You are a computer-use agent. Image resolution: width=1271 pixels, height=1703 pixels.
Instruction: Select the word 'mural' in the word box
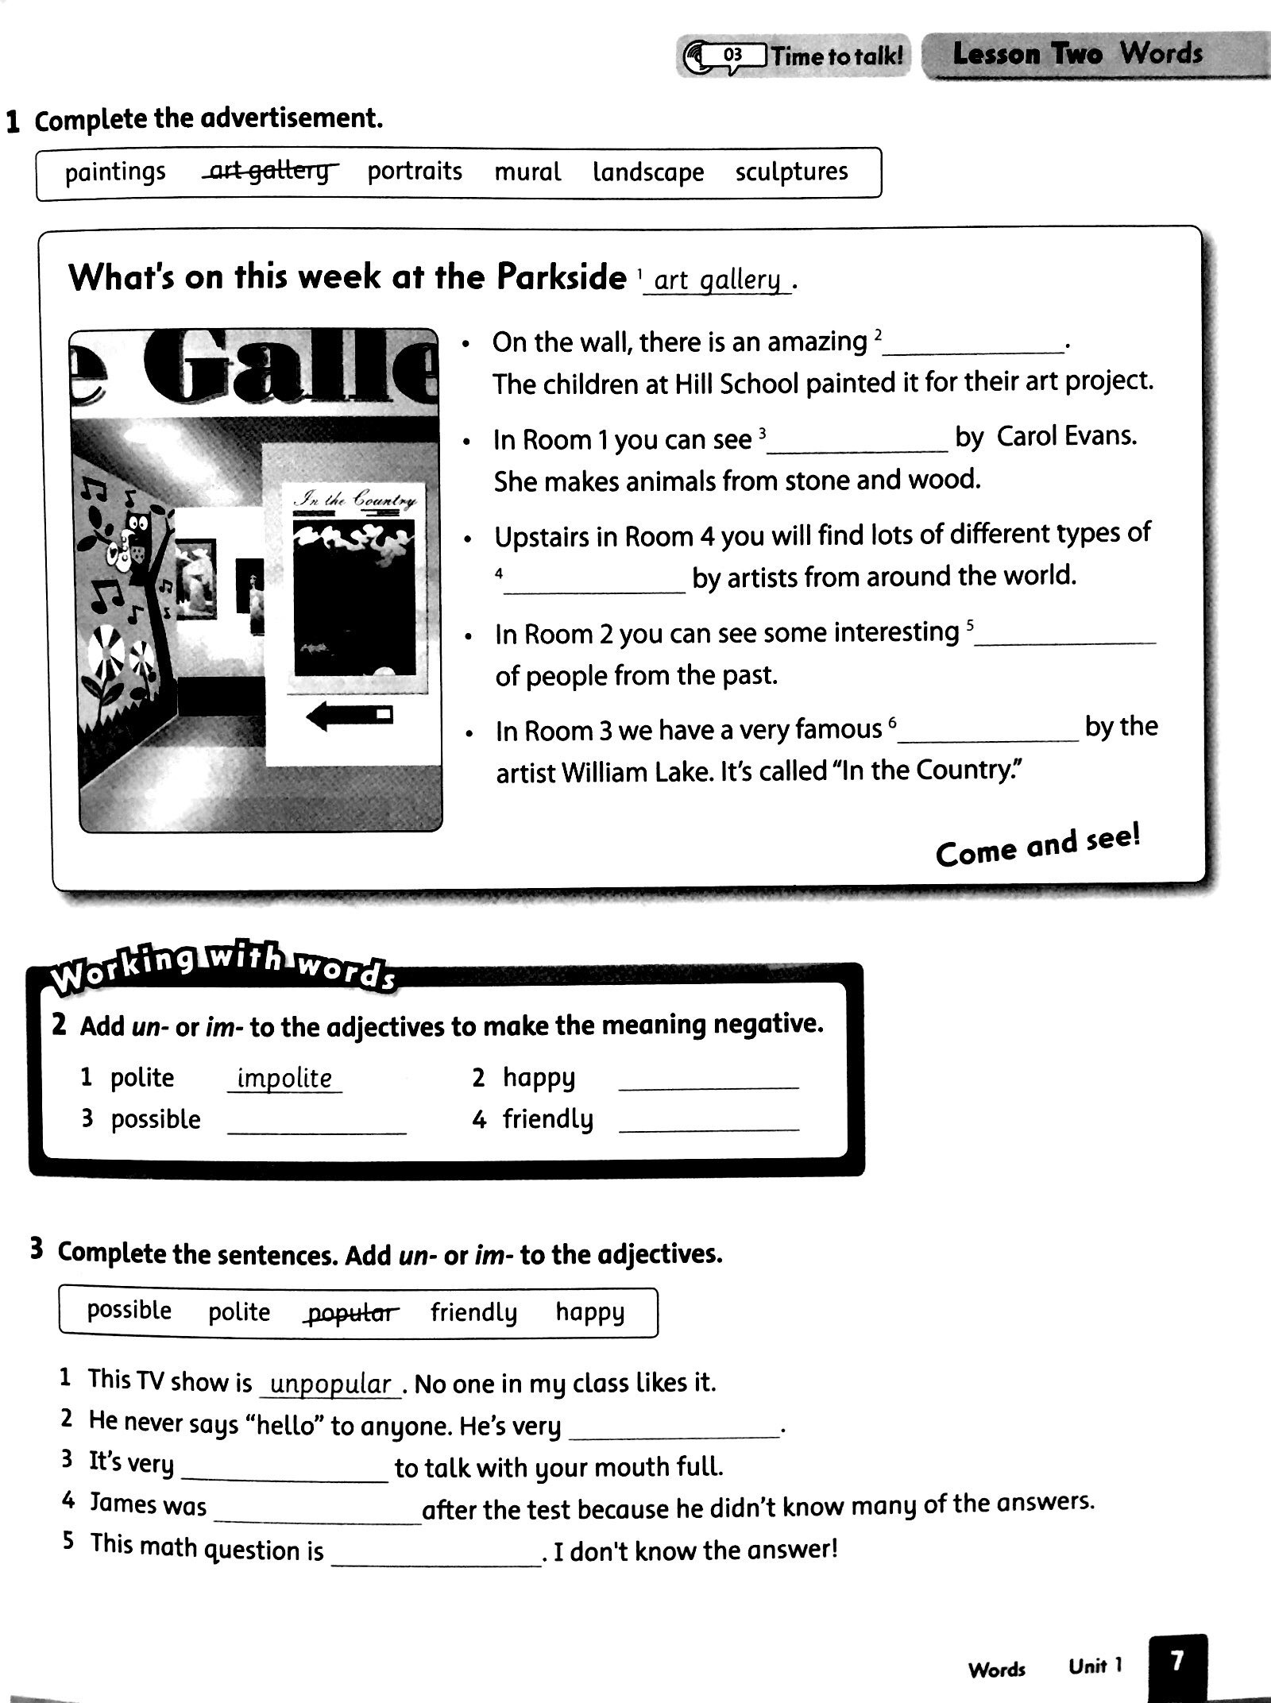(527, 172)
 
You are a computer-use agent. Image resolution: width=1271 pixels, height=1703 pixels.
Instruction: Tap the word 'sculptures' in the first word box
(791, 172)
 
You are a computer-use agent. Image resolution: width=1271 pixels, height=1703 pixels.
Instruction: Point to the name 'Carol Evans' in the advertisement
(1066, 436)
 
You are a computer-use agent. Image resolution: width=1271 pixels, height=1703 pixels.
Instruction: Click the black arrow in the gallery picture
(349, 717)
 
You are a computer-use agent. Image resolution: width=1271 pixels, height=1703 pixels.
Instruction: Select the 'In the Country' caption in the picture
(355, 500)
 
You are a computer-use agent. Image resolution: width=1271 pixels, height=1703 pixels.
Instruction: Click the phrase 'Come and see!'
(1037, 847)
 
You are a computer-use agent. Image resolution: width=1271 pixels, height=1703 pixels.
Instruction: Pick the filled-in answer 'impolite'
(284, 1078)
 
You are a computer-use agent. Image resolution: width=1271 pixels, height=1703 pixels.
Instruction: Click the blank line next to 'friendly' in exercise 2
(708, 1122)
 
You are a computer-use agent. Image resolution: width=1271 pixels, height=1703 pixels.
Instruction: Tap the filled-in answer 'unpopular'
(331, 1384)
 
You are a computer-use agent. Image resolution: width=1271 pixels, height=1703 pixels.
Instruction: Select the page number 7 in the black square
(1177, 1660)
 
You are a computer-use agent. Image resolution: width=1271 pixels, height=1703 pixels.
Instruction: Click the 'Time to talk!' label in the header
(836, 56)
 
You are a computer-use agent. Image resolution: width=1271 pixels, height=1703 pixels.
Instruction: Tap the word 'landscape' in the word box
(648, 172)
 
